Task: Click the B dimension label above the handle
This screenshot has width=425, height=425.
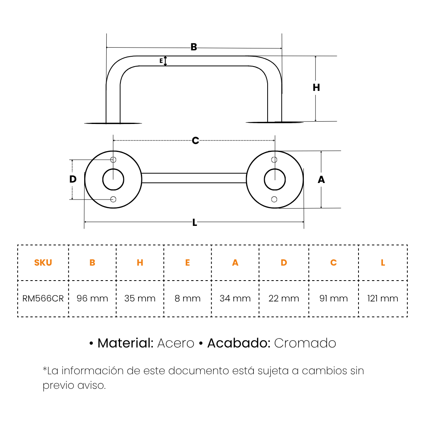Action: (x=194, y=47)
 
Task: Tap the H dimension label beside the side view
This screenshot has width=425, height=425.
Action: (x=316, y=87)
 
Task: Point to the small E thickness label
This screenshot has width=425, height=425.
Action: (x=161, y=61)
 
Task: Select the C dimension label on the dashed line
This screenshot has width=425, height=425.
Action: (x=196, y=140)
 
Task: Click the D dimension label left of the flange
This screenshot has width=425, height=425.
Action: (x=73, y=179)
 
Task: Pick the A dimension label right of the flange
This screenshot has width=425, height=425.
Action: (x=321, y=179)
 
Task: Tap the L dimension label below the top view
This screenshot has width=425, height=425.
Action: (x=195, y=223)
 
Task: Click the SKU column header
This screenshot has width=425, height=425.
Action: (x=43, y=262)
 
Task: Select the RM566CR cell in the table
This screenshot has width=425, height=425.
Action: (x=43, y=298)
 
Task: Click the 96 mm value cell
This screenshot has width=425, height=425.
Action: (x=92, y=298)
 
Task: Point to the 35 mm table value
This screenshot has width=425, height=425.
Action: (x=140, y=298)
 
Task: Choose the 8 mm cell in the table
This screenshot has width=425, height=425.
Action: (x=188, y=298)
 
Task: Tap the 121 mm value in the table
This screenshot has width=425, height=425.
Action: (x=383, y=298)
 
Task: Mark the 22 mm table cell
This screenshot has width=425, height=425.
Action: (x=284, y=298)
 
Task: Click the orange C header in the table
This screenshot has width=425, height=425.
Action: (x=333, y=262)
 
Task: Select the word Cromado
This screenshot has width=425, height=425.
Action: (x=305, y=343)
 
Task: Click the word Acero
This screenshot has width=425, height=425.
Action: (x=176, y=343)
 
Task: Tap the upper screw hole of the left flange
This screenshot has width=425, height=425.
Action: (x=113, y=160)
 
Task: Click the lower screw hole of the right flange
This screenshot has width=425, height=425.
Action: (x=274, y=200)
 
